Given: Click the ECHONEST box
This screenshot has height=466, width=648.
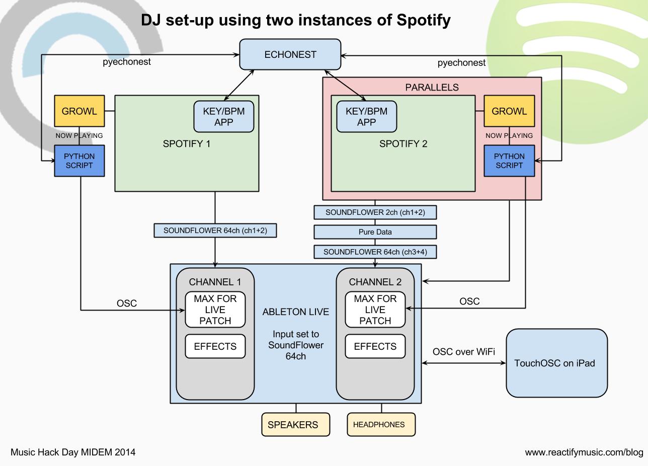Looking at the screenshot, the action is point(290,54).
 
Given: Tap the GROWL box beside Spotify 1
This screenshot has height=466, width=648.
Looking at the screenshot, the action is point(79,111).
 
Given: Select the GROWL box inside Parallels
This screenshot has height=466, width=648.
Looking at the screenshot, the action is point(509,111).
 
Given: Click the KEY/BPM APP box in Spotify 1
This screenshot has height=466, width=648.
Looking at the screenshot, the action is point(223,117).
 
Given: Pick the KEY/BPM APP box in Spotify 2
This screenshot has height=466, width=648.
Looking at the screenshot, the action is point(367,117).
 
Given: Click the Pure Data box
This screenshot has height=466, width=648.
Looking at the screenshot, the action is point(375,232).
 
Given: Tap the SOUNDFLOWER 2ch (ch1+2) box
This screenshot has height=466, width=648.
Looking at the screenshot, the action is point(375,212).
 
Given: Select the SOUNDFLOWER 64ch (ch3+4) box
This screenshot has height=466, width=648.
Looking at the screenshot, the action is point(375,252).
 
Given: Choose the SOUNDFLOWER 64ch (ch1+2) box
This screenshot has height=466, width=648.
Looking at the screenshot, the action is point(215,230).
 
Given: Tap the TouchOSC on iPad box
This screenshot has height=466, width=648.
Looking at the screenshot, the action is point(557,363).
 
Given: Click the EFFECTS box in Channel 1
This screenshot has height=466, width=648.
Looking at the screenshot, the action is point(215,346).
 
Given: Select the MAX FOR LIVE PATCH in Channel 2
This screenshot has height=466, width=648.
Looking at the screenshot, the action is point(375,309).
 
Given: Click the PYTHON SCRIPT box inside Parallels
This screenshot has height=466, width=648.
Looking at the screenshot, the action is point(509,161).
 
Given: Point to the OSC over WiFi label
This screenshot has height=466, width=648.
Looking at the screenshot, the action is point(464,352).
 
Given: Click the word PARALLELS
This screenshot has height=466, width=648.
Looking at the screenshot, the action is point(432,88).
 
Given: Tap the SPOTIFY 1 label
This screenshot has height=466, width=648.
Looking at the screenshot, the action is point(187,144).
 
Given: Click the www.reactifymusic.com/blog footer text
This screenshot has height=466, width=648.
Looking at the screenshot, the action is point(584,452).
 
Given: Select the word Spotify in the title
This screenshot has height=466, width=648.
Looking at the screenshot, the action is point(424,20).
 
